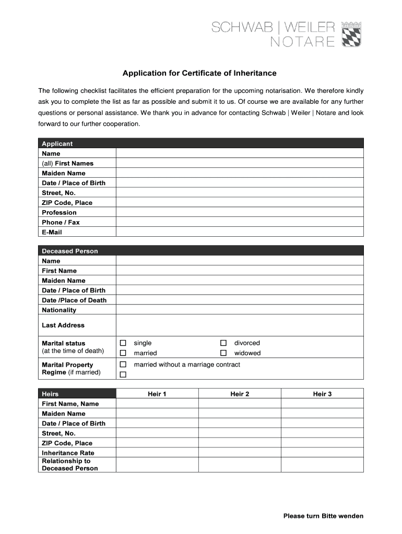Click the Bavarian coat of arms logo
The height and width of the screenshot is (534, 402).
[351, 34]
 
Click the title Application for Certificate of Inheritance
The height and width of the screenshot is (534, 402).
[199, 73]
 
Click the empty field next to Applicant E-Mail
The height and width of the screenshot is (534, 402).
[239, 232]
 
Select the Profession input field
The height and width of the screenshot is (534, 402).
[239, 212]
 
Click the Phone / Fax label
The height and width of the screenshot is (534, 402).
[61, 222]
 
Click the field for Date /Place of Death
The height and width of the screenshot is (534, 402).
[239, 300]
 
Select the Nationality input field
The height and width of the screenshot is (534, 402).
[239, 310]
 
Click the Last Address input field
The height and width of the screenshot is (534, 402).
[239, 325]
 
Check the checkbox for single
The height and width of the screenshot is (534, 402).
[123, 343]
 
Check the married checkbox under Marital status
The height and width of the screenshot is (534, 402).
[123, 353]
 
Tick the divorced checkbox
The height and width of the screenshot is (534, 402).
[223, 343]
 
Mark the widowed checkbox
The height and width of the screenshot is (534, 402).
[223, 353]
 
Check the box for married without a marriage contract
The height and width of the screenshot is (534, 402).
[123, 365]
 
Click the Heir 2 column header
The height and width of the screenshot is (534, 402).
[240, 394]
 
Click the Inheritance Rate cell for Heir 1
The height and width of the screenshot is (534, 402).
[157, 453]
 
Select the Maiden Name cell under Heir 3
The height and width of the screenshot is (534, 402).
[322, 414]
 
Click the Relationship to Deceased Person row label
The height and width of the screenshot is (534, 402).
[69, 465]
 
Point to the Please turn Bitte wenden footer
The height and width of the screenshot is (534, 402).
[323, 516]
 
